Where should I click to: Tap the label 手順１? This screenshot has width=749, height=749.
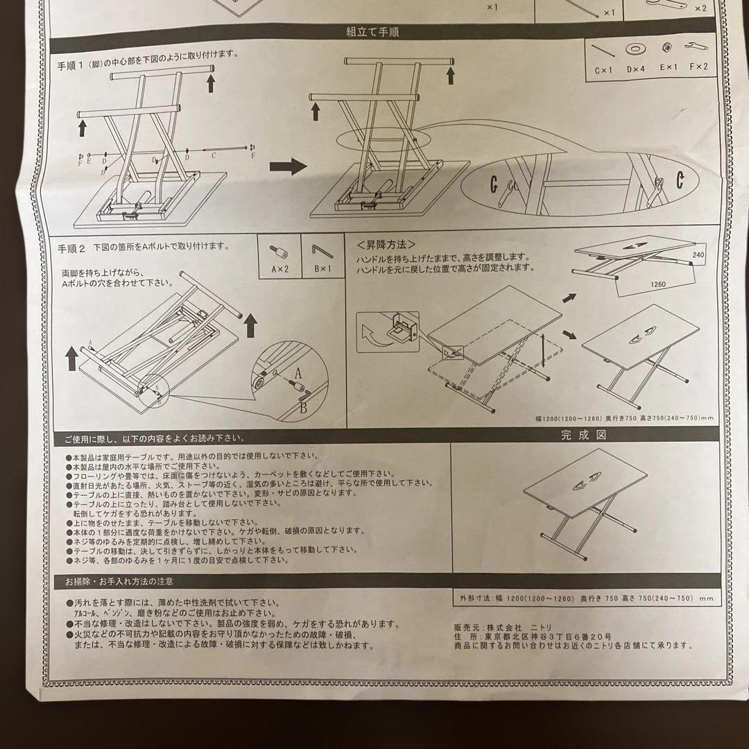point(71,64)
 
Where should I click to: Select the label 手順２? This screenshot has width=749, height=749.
point(71,247)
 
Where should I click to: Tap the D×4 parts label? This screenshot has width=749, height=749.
point(635,68)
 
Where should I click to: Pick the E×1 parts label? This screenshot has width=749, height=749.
point(666,68)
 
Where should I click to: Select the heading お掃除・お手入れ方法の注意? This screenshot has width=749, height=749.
point(119,581)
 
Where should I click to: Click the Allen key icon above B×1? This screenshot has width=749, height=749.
point(322,248)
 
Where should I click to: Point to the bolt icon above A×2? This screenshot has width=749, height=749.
point(279,249)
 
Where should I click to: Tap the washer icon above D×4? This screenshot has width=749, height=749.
point(634,49)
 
